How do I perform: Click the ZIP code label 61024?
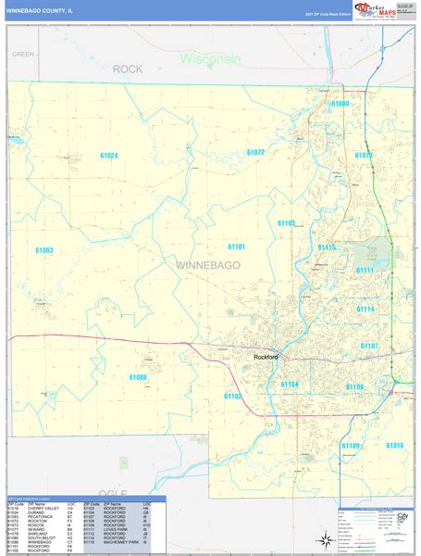point(109,156)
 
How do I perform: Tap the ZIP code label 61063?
point(44,251)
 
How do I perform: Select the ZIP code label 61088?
point(138,377)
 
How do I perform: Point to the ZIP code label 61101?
point(237,246)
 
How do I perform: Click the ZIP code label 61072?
point(255,152)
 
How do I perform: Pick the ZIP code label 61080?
point(341,104)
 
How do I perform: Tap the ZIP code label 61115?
point(328,247)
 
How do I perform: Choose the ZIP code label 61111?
point(365,271)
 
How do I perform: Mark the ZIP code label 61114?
point(365,310)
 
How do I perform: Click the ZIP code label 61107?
point(368,346)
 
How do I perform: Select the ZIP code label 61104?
point(290,384)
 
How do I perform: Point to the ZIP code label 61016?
point(394,446)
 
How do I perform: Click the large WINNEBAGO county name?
point(207,266)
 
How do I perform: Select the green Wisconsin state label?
point(210,58)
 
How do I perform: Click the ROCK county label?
point(129,69)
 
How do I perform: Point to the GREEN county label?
point(23,55)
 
